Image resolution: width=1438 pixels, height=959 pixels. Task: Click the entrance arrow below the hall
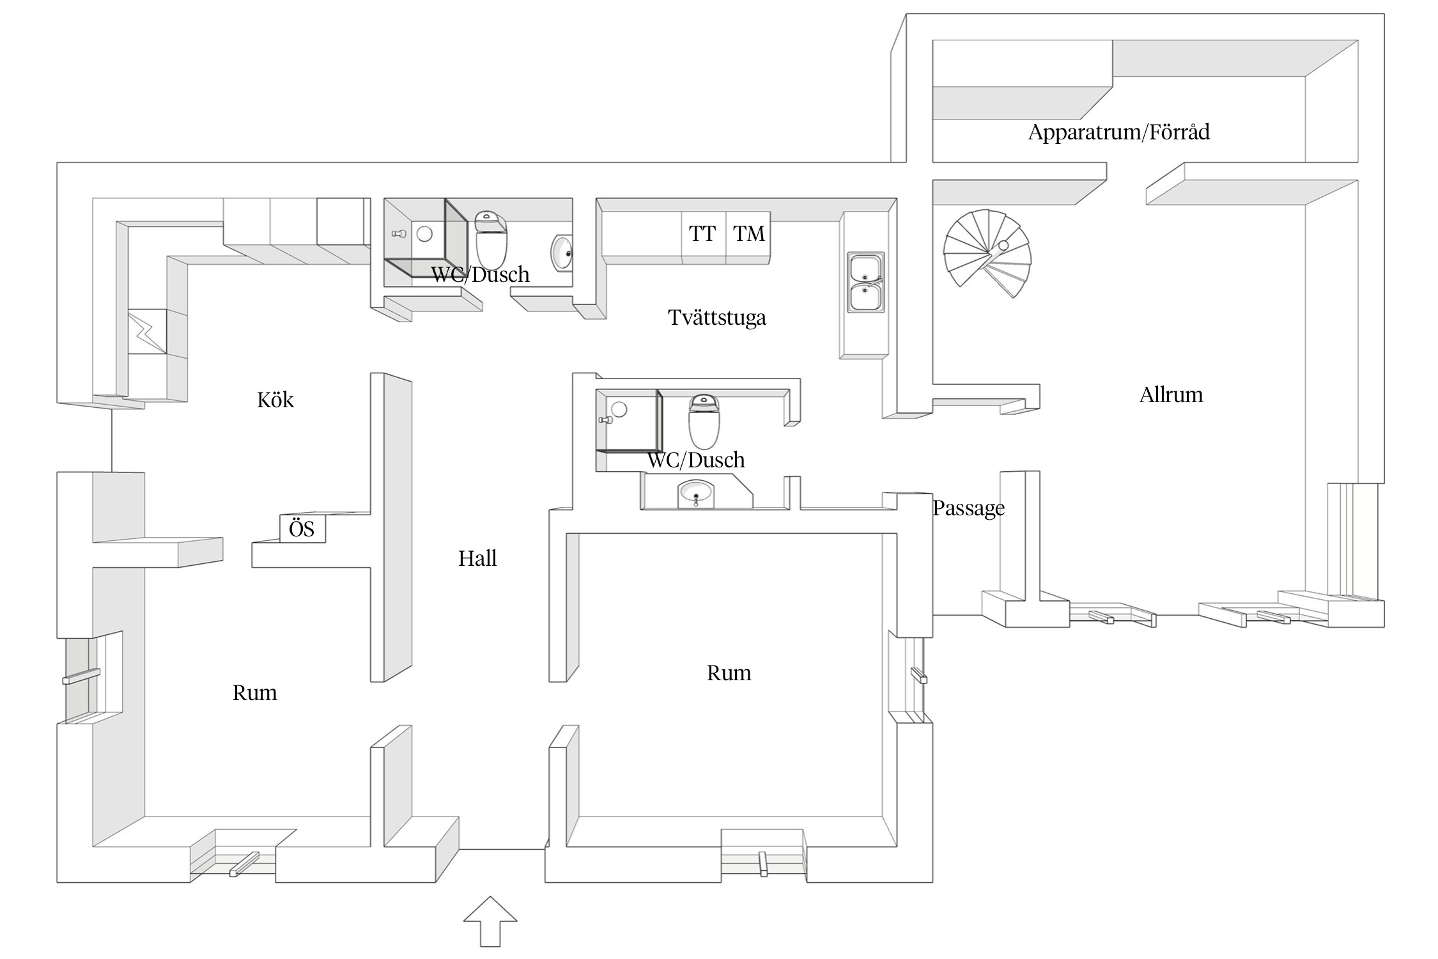(490, 920)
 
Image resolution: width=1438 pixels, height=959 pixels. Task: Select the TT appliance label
(702, 234)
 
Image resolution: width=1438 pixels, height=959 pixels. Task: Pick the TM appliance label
(748, 234)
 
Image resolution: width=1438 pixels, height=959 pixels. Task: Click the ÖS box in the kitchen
(302, 529)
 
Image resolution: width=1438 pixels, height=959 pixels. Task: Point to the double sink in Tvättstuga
(865, 282)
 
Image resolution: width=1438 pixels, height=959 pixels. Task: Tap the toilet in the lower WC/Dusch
(704, 421)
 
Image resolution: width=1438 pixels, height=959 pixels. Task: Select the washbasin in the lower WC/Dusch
(696, 494)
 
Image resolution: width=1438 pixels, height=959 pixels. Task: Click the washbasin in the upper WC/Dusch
(562, 253)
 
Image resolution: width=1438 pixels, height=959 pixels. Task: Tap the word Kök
(275, 400)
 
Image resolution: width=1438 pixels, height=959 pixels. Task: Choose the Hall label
(477, 559)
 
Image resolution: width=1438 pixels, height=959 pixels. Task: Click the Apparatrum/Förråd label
(1118, 132)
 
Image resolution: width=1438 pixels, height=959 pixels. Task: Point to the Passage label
(968, 508)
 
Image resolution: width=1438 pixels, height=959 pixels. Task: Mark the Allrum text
(1171, 395)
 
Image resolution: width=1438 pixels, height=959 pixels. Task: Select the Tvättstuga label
(716, 318)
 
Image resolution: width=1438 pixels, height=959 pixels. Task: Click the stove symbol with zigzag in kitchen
(147, 331)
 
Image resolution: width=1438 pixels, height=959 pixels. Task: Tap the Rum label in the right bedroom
(729, 673)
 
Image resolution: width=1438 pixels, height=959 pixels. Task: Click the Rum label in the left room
(254, 693)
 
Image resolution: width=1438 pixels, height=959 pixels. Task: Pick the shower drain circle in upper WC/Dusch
(424, 234)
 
